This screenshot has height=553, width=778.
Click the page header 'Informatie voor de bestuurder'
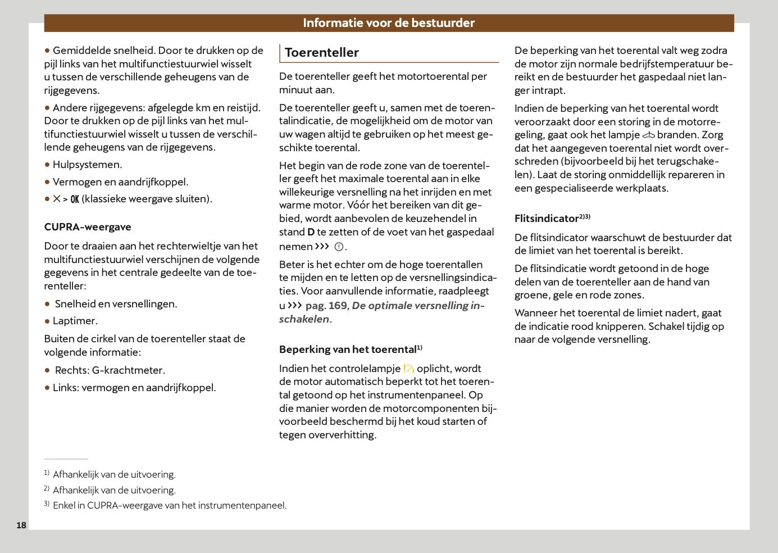[389, 23]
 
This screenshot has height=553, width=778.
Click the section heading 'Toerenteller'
[321, 53]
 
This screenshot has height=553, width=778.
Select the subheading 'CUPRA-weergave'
[88, 227]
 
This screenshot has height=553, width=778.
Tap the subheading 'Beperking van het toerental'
[348, 350]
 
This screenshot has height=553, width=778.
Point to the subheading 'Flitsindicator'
[547, 219]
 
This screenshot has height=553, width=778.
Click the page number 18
[21, 525]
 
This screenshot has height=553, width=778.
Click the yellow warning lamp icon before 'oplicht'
[408, 369]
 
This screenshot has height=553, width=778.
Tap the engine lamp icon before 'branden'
[649, 135]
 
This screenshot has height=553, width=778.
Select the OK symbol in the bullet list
[75, 200]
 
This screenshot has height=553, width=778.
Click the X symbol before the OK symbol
[57, 199]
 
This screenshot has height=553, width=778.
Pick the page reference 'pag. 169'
[326, 306]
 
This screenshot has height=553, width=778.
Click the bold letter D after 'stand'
[311, 232]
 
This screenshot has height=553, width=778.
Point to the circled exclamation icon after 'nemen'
[339, 247]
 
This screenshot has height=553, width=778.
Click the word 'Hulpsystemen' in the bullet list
[87, 165]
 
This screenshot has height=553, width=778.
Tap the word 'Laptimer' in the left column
[75, 321]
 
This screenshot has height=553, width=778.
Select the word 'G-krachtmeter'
[128, 370]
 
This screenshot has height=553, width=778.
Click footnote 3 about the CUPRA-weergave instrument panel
[169, 505]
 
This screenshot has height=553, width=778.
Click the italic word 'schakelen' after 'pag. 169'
[304, 319]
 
